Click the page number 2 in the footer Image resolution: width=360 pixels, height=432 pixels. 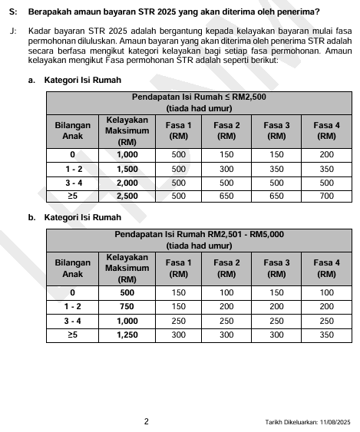tap(146, 420)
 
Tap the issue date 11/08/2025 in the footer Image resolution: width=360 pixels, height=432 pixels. tap(332, 421)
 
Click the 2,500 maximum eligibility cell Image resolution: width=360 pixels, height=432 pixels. tap(127, 196)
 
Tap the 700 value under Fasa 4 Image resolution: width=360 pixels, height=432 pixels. tap(326, 196)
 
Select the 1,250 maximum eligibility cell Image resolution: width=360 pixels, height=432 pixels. tap(127, 335)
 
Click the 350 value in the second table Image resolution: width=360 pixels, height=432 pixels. tap(326, 335)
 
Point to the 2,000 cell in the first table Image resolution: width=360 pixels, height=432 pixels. tap(127, 182)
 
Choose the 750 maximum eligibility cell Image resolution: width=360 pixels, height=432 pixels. tap(127, 306)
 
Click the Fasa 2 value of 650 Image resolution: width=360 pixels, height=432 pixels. tap(226, 196)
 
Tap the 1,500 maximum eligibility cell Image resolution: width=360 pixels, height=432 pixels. tap(127, 168)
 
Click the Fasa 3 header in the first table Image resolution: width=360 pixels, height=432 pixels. tap(276, 130)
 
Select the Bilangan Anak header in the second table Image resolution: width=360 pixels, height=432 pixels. tap(72, 268)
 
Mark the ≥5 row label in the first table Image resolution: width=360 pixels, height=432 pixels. tap(72, 196)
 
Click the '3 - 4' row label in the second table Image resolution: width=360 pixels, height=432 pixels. tap(72, 320)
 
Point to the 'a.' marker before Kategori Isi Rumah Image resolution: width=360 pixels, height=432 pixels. tap(31, 80)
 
